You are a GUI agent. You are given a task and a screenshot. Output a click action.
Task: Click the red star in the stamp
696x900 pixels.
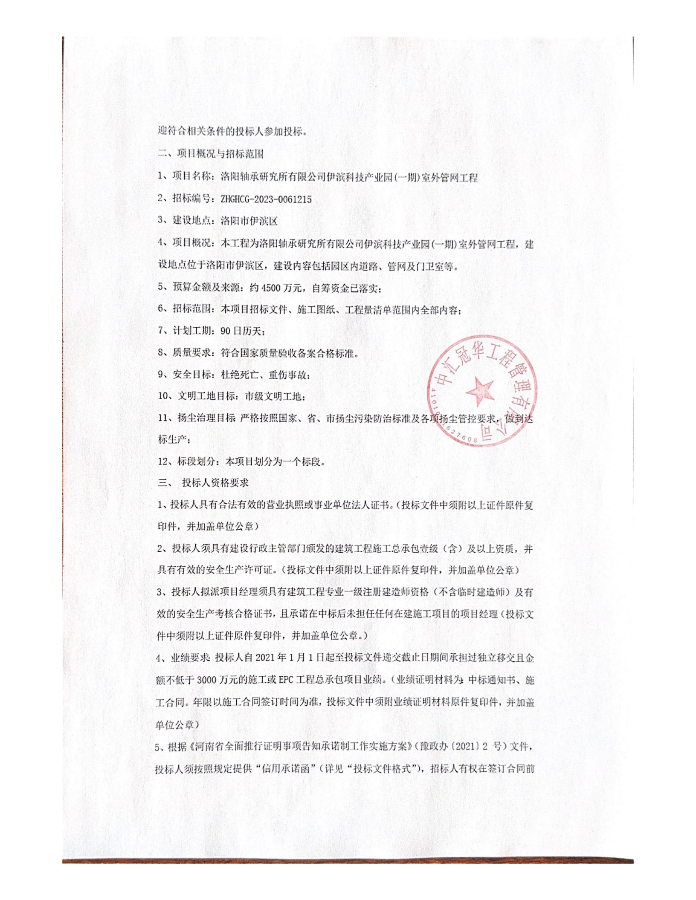point(480,391)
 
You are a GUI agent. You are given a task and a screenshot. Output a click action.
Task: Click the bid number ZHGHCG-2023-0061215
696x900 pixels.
point(266,199)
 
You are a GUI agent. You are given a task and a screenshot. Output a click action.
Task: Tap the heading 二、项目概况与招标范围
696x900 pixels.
point(211,153)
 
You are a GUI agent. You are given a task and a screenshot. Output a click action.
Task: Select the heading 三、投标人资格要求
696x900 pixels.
point(203,482)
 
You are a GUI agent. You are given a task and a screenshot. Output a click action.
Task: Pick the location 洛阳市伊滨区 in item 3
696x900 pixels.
point(249,221)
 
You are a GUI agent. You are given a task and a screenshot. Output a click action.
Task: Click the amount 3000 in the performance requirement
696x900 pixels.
point(207,680)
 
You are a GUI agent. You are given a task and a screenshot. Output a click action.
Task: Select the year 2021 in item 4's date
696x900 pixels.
point(265,658)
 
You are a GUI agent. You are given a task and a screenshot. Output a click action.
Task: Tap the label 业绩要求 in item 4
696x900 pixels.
point(190,658)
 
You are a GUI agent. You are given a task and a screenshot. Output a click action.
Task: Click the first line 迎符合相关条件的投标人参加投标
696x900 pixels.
point(232,131)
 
